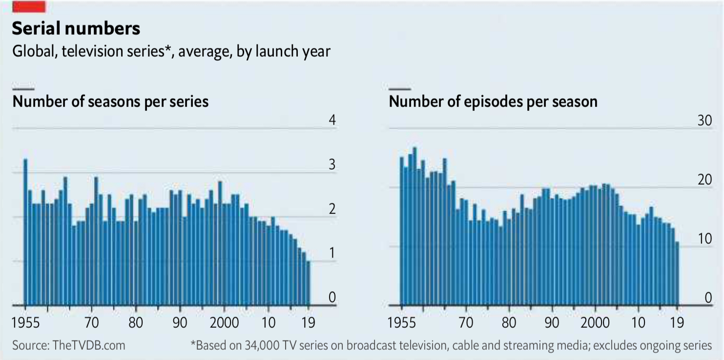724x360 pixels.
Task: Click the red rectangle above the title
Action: click(29, 6)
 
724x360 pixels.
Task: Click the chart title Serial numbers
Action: click(76, 29)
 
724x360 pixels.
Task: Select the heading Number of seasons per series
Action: click(110, 101)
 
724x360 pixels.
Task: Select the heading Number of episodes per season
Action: click(493, 101)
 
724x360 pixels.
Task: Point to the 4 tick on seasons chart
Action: click(332, 120)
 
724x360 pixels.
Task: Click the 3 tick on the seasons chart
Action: click(332, 165)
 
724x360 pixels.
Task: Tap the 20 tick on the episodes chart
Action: click(704, 180)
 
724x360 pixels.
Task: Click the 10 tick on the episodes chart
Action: click(704, 239)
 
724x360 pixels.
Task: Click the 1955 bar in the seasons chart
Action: click(25, 232)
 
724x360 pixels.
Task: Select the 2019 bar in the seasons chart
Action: click(308, 283)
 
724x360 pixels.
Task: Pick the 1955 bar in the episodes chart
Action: click(402, 231)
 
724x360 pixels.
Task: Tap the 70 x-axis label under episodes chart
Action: click(466, 323)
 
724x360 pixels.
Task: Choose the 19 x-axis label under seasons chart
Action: click(308, 323)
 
